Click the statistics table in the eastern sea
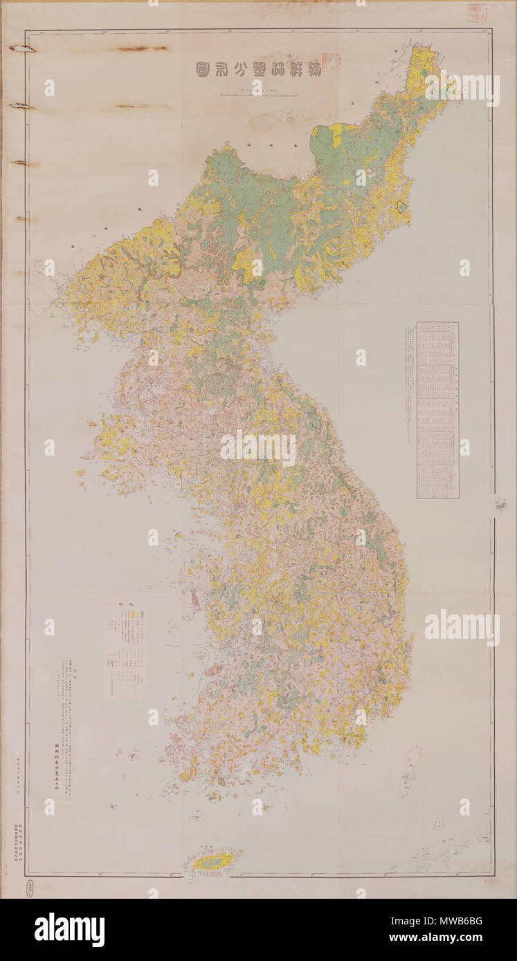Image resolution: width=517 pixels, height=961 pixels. [x=437, y=409]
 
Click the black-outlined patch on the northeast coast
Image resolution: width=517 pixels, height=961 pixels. [x=402, y=205]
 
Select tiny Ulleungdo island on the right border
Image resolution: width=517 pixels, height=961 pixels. [x=500, y=506]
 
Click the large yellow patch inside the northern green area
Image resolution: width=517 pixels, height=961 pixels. [x=336, y=136]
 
